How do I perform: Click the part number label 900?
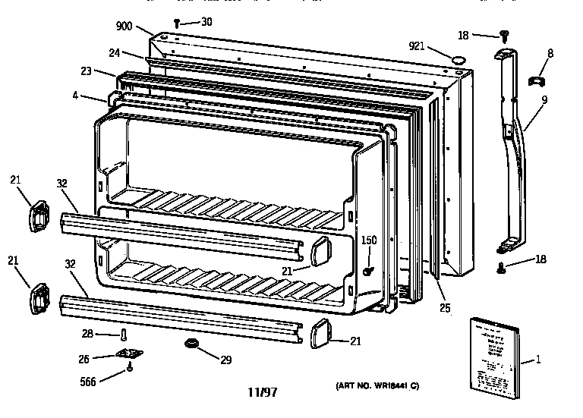click(x=124, y=26)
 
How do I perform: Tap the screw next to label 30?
click(x=178, y=24)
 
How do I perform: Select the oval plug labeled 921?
click(x=458, y=57)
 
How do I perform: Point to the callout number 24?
click(x=115, y=53)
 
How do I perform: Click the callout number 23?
click(x=87, y=71)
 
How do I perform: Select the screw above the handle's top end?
click(x=503, y=33)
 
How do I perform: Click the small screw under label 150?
click(x=368, y=271)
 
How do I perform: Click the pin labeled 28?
click(x=124, y=334)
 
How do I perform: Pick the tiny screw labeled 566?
click(x=130, y=369)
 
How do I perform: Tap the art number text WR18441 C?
click(x=378, y=387)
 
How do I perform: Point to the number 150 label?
click(x=368, y=240)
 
